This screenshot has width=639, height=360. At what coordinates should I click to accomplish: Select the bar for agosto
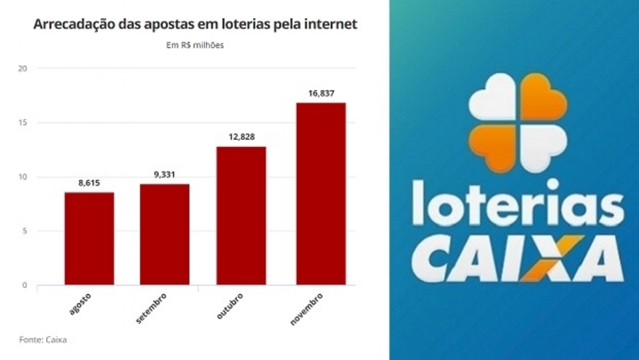click(x=89, y=238)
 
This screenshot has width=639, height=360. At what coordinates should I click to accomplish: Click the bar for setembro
click(x=164, y=234)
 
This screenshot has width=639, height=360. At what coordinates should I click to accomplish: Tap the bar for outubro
click(x=241, y=216)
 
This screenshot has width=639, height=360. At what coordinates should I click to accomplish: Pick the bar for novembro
click(x=320, y=194)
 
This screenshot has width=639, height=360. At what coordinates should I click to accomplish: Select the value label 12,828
click(x=241, y=136)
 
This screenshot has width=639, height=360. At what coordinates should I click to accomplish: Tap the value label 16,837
click(x=321, y=92)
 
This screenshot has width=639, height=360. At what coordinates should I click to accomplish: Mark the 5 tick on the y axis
click(x=25, y=231)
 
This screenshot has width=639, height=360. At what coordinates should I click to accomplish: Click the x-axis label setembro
click(x=151, y=307)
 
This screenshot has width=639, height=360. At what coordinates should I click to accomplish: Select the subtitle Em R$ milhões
click(x=194, y=45)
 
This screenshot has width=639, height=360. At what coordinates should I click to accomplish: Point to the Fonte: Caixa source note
click(x=43, y=340)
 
